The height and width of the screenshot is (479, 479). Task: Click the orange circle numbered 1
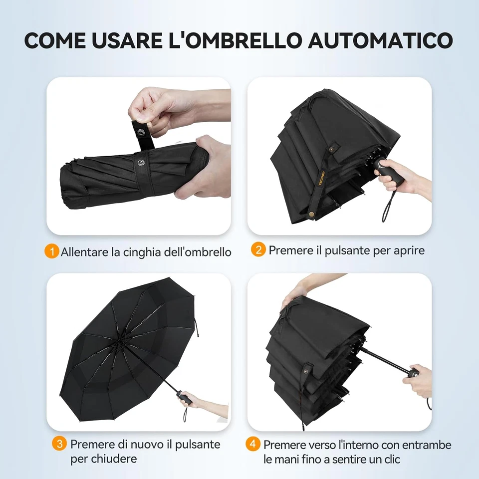[51, 251]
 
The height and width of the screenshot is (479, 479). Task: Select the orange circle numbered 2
[258, 249]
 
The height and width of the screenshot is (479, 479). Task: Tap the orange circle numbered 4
[253, 444]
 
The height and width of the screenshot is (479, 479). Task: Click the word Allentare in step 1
[84, 251]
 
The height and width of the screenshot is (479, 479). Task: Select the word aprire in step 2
[408, 250]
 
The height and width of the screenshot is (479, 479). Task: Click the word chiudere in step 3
[104, 458]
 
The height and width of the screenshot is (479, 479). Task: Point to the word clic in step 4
[390, 459]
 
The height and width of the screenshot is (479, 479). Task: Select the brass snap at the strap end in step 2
[312, 213]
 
